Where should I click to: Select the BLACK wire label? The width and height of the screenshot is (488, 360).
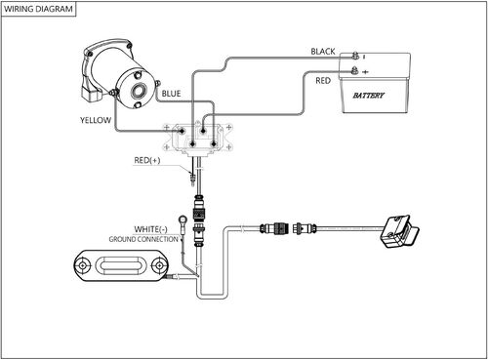322,51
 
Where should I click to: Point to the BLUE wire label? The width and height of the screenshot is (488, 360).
172,94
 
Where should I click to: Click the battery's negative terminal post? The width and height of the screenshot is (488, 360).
356,56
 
